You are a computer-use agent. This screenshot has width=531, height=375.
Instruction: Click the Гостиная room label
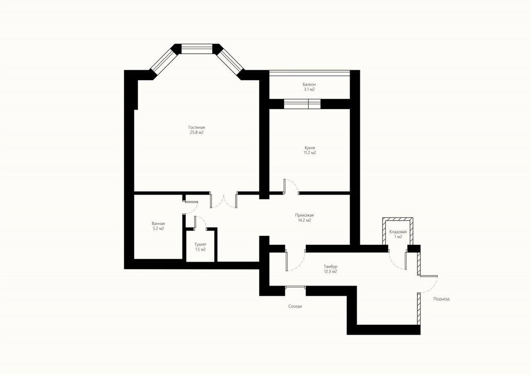click(196, 127)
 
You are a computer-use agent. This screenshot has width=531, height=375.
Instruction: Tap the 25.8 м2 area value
click(196, 132)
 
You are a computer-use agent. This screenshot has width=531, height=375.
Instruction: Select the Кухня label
click(310, 148)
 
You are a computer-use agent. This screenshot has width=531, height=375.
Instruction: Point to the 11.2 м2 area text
click(310, 153)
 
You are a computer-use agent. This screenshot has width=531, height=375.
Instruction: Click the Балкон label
click(310, 84)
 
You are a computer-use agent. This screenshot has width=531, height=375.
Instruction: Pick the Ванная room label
click(158, 224)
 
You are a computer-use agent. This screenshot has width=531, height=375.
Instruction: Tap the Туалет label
click(200, 244)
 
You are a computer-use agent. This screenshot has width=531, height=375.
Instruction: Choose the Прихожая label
click(304, 215)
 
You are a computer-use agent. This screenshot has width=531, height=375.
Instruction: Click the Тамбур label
click(330, 267)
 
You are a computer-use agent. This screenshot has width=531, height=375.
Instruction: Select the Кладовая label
click(398, 232)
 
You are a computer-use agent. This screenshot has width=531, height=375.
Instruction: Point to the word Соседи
click(295, 306)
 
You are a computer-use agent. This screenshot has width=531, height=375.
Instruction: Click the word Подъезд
click(441, 299)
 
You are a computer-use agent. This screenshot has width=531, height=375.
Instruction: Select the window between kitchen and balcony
click(302, 104)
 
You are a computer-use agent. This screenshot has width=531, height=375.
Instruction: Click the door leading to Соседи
click(295, 287)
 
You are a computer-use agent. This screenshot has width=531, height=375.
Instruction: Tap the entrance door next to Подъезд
click(428, 284)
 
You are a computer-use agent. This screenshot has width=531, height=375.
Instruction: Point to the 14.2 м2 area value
click(304, 220)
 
